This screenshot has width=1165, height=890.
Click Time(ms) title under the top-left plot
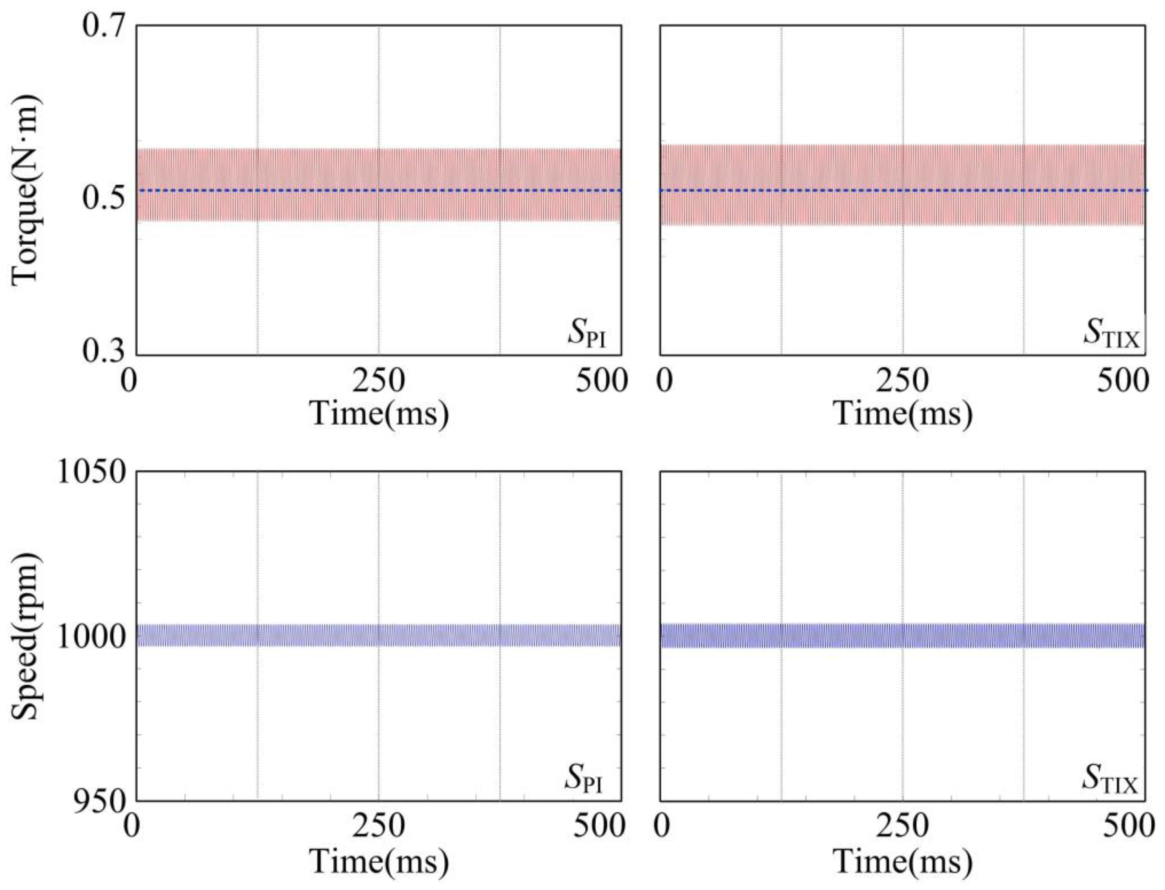pyautogui.click(x=379, y=413)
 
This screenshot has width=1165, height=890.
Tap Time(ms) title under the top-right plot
pyautogui.click(x=903, y=413)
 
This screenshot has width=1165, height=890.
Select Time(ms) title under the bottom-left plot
pyautogui.click(x=379, y=861)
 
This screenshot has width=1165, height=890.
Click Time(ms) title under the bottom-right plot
pyautogui.click(x=903, y=861)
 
